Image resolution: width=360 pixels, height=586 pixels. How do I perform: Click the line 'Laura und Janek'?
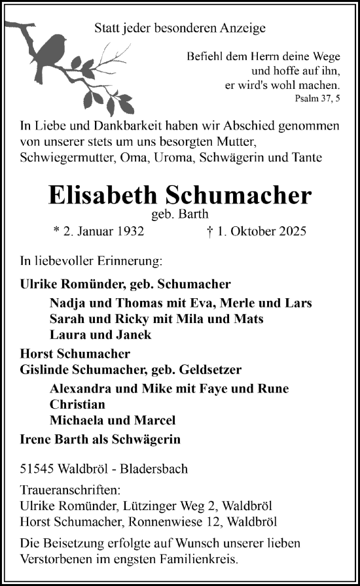click(100, 334)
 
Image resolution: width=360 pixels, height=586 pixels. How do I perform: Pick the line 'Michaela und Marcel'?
click(113, 420)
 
